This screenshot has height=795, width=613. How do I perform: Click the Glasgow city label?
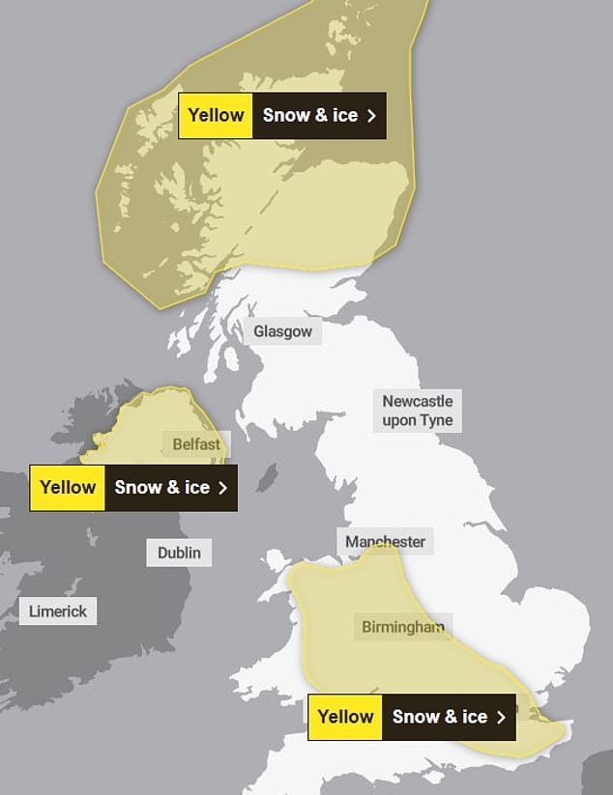(x=282, y=332)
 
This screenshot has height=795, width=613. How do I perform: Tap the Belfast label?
(x=196, y=445)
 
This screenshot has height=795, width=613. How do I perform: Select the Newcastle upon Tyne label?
(x=417, y=411)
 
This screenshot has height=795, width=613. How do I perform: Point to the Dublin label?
(x=180, y=553)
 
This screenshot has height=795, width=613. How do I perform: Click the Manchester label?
(x=385, y=542)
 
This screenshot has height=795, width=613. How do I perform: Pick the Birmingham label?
(x=403, y=627)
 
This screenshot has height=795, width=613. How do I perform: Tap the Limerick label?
(x=58, y=610)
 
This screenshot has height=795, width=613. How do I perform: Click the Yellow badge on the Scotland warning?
(x=216, y=116)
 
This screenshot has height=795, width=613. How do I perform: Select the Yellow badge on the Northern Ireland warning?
(x=68, y=488)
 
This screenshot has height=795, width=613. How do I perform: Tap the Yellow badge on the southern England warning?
(x=345, y=717)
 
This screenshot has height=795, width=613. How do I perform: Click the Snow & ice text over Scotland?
(x=309, y=116)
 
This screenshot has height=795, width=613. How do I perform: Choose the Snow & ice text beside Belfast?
(x=161, y=488)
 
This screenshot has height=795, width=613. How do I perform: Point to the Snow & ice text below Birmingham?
(x=439, y=717)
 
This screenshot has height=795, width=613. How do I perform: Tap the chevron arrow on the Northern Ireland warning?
(x=223, y=488)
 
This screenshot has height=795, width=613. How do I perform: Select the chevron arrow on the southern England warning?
(x=501, y=717)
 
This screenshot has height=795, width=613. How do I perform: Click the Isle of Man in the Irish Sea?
(x=268, y=477)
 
